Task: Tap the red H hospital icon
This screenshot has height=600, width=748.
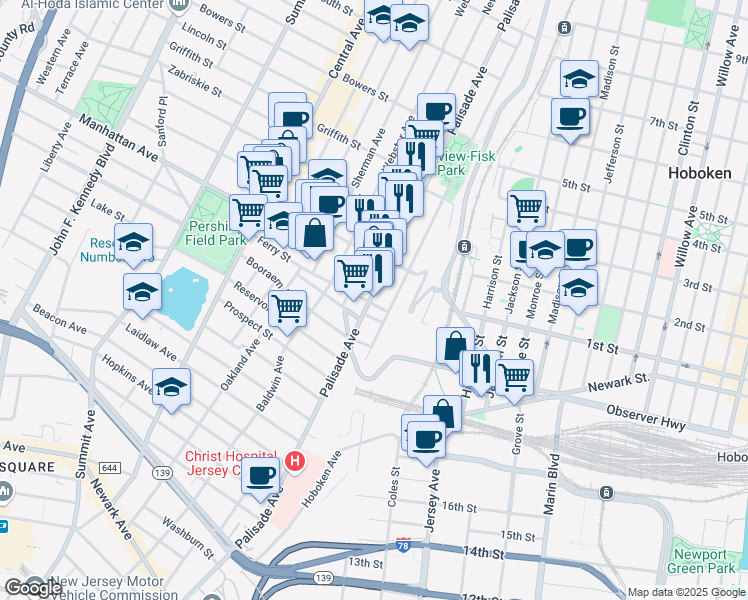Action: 295,461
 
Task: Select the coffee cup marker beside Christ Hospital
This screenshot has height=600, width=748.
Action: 262,476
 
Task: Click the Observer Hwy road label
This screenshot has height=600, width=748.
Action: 646,418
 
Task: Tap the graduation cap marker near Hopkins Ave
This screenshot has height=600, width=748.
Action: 172,385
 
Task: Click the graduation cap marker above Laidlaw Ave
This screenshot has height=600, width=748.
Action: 142,291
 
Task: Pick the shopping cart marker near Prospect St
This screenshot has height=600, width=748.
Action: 288,307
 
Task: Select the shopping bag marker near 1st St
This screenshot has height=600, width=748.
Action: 455,345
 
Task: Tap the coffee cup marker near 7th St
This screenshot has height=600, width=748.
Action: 570,115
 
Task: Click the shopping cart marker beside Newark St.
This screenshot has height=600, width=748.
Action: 514,377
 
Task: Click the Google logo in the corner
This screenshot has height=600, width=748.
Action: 32,588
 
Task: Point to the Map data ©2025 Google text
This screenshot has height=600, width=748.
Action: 686,592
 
